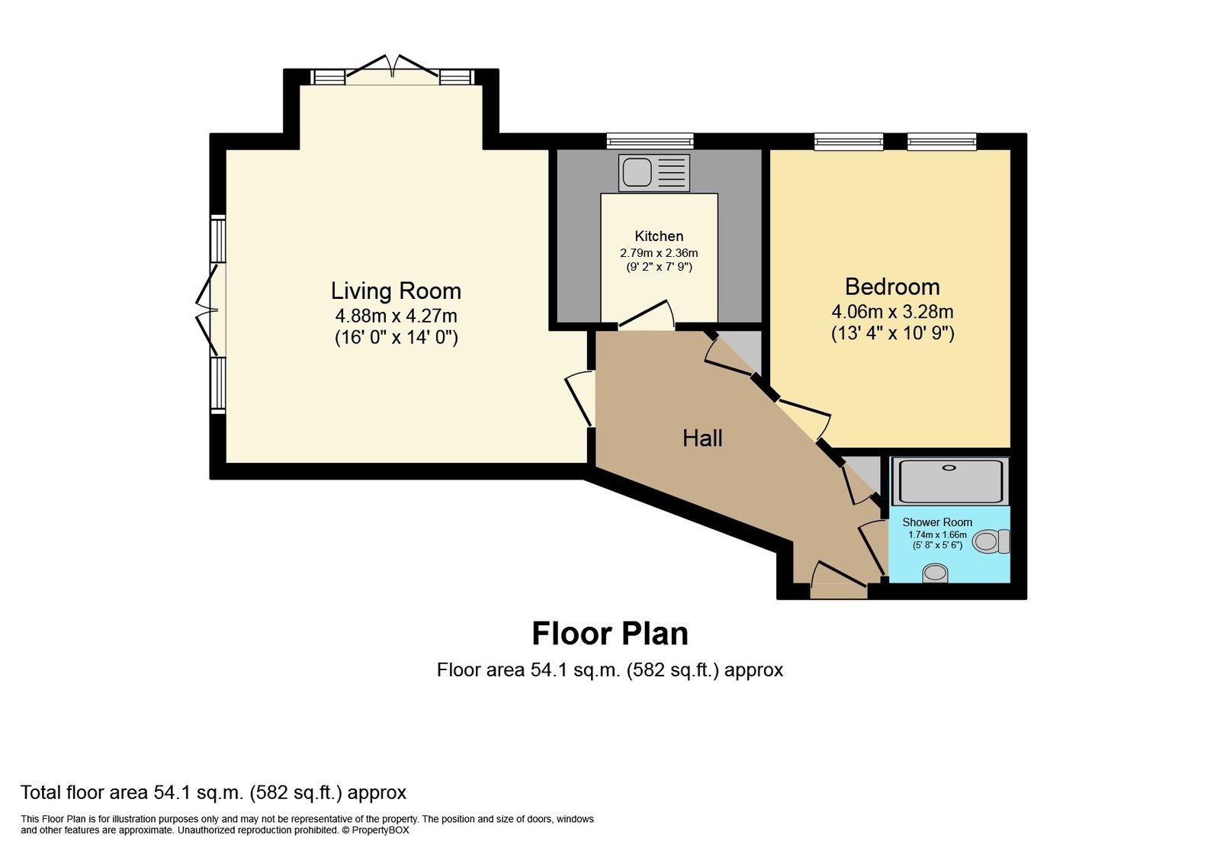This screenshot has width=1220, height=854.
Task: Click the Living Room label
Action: click(396, 291)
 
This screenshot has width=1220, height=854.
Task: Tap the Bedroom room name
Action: click(892, 287)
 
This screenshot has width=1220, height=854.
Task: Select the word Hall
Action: click(702, 438)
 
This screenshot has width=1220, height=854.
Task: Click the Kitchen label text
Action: click(659, 236)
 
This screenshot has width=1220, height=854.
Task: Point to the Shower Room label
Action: click(937, 522)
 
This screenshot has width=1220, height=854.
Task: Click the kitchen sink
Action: click(654, 172)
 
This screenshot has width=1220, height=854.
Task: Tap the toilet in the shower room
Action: click(991, 541)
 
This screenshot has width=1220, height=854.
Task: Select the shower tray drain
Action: click(949, 467)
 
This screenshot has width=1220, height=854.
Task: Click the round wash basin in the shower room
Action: click(936, 573)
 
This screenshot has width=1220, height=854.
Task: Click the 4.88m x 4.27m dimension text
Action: click(396, 316)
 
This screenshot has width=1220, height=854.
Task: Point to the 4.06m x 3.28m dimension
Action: click(892, 312)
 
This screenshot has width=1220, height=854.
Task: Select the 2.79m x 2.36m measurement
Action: click(659, 253)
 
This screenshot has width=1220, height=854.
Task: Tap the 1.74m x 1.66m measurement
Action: click(937, 535)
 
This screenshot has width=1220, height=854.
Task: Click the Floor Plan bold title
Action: click(610, 634)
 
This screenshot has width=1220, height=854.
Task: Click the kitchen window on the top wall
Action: click(650, 141)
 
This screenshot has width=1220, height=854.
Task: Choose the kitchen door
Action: click(646, 316)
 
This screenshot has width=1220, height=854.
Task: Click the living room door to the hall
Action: click(579, 400)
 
